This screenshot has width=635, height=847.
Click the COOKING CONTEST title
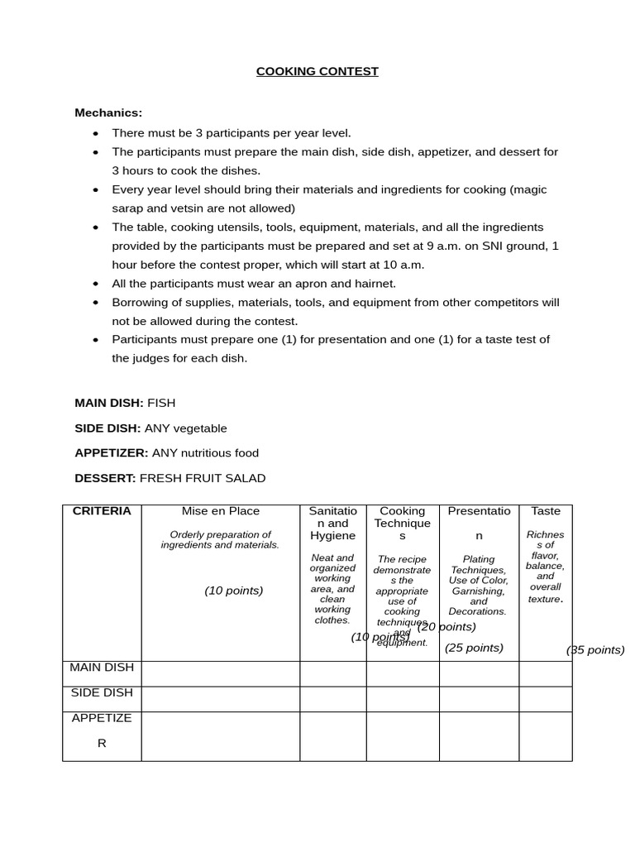tap(317, 71)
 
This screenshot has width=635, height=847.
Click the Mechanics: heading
tap(108, 112)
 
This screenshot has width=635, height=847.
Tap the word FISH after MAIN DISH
tap(161, 403)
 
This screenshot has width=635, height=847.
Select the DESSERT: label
tap(105, 478)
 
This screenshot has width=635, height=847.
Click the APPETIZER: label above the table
tap(112, 453)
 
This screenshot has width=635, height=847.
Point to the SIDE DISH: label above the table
tap(107, 428)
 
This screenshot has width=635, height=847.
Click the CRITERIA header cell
tap(102, 511)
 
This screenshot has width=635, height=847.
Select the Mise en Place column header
tap(220, 511)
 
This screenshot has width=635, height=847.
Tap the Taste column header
tap(545, 511)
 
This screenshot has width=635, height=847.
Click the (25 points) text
tap(474, 648)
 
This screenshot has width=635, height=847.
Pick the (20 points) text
tap(446, 627)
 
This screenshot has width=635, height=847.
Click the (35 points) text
tap(595, 650)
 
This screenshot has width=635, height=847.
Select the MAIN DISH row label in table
tap(102, 668)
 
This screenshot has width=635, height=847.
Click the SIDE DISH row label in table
tap(102, 693)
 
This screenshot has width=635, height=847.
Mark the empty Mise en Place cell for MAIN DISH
tap(220, 673)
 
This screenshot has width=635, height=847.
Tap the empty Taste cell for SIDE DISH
tap(545, 699)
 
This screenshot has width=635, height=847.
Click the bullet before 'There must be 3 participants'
tap(96, 133)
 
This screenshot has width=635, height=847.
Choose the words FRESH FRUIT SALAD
tap(203, 478)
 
